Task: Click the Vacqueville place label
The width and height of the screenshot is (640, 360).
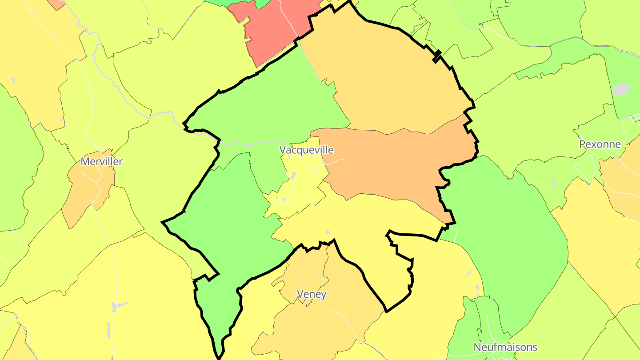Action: pyautogui.click(x=306, y=150)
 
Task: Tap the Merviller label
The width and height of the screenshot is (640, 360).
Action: pyautogui.click(x=101, y=161)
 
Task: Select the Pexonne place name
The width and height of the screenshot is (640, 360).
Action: pyautogui.click(x=600, y=144)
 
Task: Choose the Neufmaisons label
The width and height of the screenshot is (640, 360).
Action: pyautogui.click(x=505, y=347)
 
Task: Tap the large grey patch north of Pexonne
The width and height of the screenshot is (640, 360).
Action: pyautogui.click(x=622, y=89)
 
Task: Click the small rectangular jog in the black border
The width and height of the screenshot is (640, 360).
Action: pyautogui.click(x=437, y=55)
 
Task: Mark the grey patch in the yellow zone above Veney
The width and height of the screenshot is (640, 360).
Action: pyautogui.click(x=328, y=232)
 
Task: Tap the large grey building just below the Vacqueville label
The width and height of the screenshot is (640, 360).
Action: pyautogui.click(x=293, y=176)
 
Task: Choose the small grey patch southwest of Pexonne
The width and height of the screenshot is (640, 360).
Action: pyautogui.click(x=553, y=183)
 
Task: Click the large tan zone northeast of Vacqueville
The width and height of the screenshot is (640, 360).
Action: pyautogui.click(x=387, y=80)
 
